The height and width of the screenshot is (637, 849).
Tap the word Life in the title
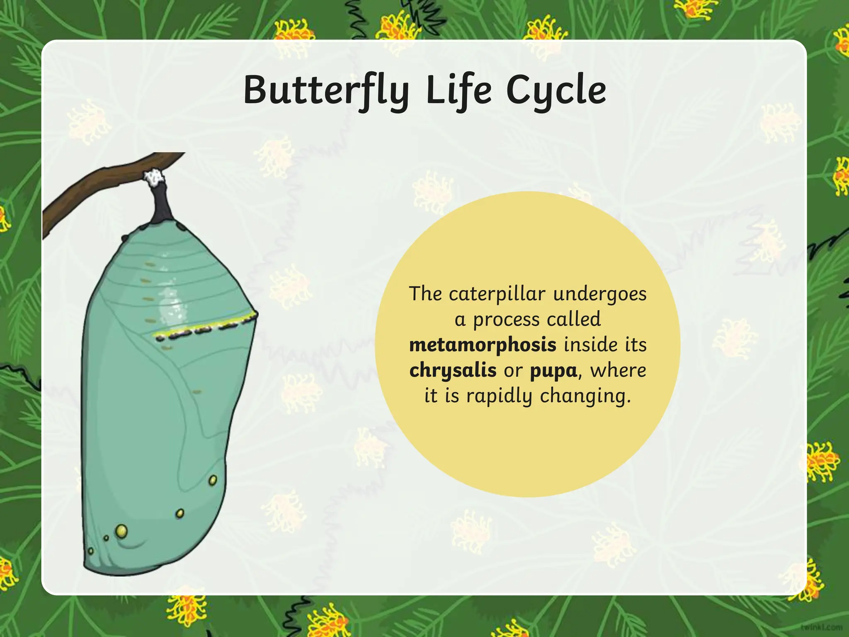pyautogui.click(x=458, y=90)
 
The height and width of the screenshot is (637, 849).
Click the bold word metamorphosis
pyautogui.click(x=483, y=345)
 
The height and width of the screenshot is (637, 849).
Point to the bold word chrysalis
pyautogui.click(x=453, y=370)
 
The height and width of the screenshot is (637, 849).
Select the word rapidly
pyautogui.click(x=499, y=396)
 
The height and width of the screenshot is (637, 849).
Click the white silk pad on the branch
pyautogui.click(x=154, y=177)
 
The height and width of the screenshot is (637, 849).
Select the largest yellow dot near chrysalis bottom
pyautogui.click(x=121, y=530)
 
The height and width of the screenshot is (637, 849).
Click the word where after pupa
pyautogui.click(x=618, y=370)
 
